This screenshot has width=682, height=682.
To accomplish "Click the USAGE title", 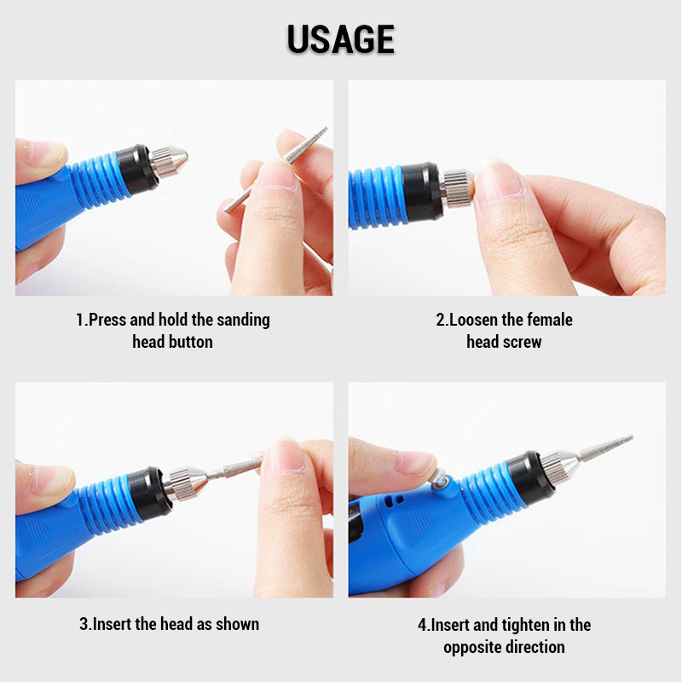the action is pos(340,39).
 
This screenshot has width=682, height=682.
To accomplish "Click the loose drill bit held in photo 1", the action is pos(276,170).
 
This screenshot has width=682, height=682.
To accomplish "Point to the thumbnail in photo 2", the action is pos(500,177).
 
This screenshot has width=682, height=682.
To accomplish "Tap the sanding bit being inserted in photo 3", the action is pos(237,467).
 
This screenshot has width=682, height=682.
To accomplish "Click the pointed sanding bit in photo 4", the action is pos(605,448).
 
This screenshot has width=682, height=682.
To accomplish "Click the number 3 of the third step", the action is pos(84,624).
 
